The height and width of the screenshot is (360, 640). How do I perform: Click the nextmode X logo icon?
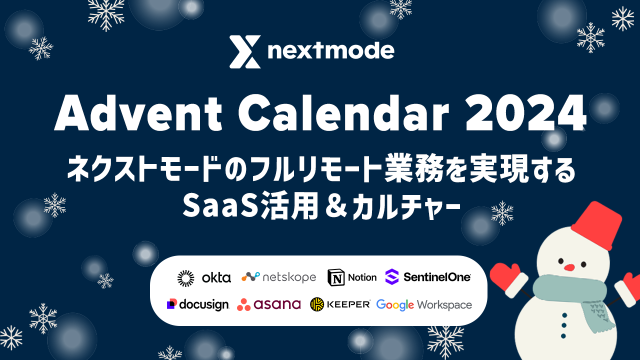[x=245, y=51]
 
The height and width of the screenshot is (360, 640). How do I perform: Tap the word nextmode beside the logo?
[x=331, y=50]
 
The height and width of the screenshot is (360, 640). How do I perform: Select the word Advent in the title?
[x=138, y=113]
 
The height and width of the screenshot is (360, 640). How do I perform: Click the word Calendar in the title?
[x=343, y=113]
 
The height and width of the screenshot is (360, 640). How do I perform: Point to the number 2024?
[x=525, y=113]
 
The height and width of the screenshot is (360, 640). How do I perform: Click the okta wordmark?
[x=216, y=277]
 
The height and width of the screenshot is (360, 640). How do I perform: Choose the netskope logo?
[x=279, y=277]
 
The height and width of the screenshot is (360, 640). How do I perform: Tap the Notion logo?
[x=352, y=277]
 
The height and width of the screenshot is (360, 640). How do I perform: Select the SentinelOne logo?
[x=428, y=276]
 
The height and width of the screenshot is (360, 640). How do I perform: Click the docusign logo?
[x=197, y=304]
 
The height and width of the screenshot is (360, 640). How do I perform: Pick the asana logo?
[x=269, y=304]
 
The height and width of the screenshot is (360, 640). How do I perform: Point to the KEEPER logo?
[x=340, y=304]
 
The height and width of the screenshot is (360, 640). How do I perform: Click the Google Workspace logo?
[x=424, y=305]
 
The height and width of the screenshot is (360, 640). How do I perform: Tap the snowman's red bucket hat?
[x=597, y=225]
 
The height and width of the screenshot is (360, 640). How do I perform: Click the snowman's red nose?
[x=569, y=267]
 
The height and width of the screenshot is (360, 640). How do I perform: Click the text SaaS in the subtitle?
[x=220, y=205]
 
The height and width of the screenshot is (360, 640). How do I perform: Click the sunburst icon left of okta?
[x=185, y=278]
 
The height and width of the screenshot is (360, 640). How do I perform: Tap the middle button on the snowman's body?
[x=564, y=325]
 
